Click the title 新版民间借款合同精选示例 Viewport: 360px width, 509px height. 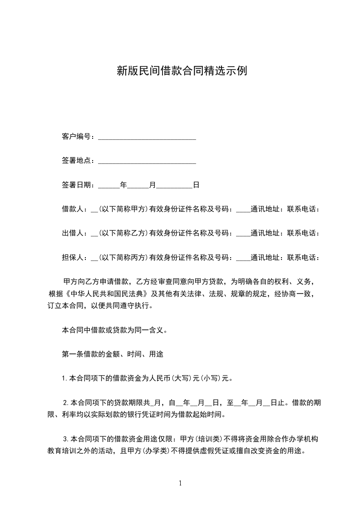point(182,71)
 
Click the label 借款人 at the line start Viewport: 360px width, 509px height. point(73,209)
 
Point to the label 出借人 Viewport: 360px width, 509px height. point(73,233)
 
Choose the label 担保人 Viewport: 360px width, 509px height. point(73,258)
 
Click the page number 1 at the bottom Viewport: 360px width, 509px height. point(180,483)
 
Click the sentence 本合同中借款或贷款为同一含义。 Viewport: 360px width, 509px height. point(115,330)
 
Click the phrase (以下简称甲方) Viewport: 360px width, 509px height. point(123,209)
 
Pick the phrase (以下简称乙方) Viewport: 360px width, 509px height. point(123,233)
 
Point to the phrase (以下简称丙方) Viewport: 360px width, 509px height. point(123,258)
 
